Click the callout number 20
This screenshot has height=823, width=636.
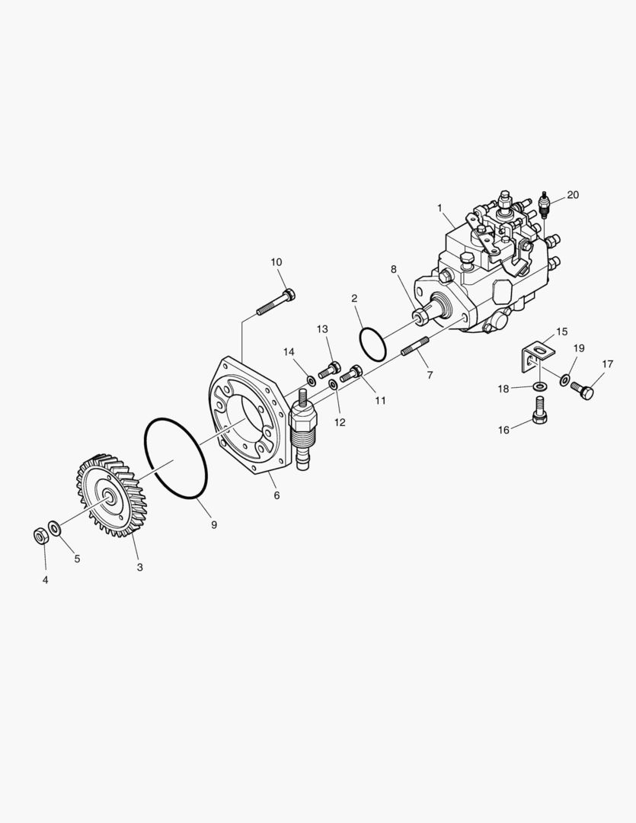coord(573,195)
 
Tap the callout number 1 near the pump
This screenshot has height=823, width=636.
coord(439,208)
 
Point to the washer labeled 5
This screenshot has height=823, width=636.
coord(54,527)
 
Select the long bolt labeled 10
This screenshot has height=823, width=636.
coord(276,302)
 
